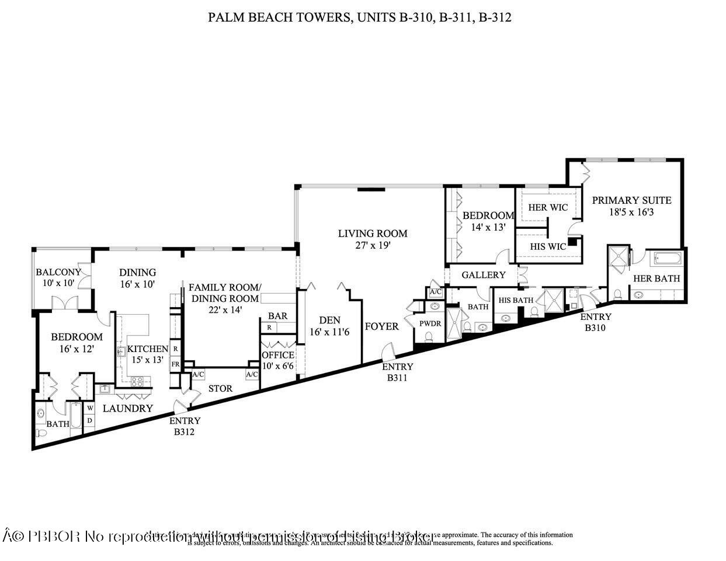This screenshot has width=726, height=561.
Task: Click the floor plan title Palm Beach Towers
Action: click(360, 18)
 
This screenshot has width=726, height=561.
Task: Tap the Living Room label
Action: click(373, 234)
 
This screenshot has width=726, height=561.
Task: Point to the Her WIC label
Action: click(548, 207)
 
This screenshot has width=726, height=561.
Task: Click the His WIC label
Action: click(548, 246)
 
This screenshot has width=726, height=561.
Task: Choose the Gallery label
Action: click(484, 275)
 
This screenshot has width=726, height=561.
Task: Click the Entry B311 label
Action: click(398, 372)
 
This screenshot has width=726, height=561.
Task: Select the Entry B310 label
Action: click(596, 322)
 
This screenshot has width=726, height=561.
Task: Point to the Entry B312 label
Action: click(185, 426)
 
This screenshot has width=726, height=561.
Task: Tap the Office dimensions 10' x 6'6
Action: click(277, 365)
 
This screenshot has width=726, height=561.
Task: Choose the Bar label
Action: click(277, 316)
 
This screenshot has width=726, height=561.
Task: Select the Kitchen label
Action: click(148, 349)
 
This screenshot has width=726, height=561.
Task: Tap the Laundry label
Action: click(128, 409)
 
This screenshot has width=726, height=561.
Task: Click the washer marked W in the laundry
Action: click(90, 408)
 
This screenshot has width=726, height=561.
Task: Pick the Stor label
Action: click(220, 388)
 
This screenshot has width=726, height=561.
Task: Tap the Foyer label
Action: click(382, 326)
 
